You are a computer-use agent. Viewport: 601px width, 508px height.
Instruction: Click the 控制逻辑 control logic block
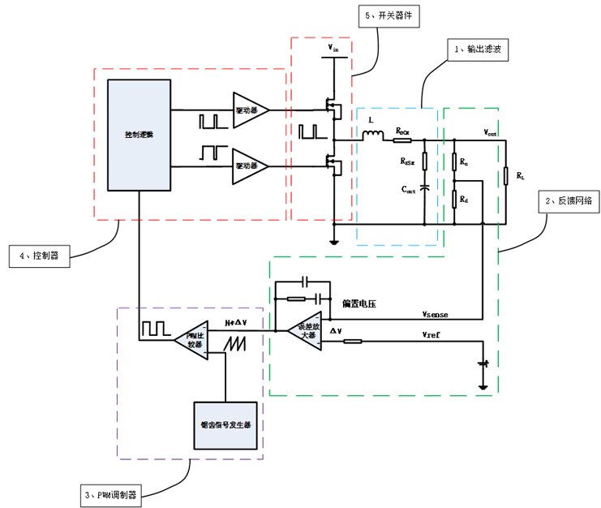[x=139, y=134]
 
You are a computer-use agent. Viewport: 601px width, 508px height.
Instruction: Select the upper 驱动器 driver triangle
[x=247, y=110]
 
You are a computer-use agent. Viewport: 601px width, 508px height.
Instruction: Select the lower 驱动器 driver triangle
[x=247, y=166]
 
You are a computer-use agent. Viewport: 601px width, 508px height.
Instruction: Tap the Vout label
[x=491, y=131]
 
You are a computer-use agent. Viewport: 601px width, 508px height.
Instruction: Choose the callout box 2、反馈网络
[x=565, y=199]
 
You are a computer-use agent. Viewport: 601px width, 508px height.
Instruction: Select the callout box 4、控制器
[x=40, y=256]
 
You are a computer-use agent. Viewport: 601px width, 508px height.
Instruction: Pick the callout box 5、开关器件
[x=393, y=15]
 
